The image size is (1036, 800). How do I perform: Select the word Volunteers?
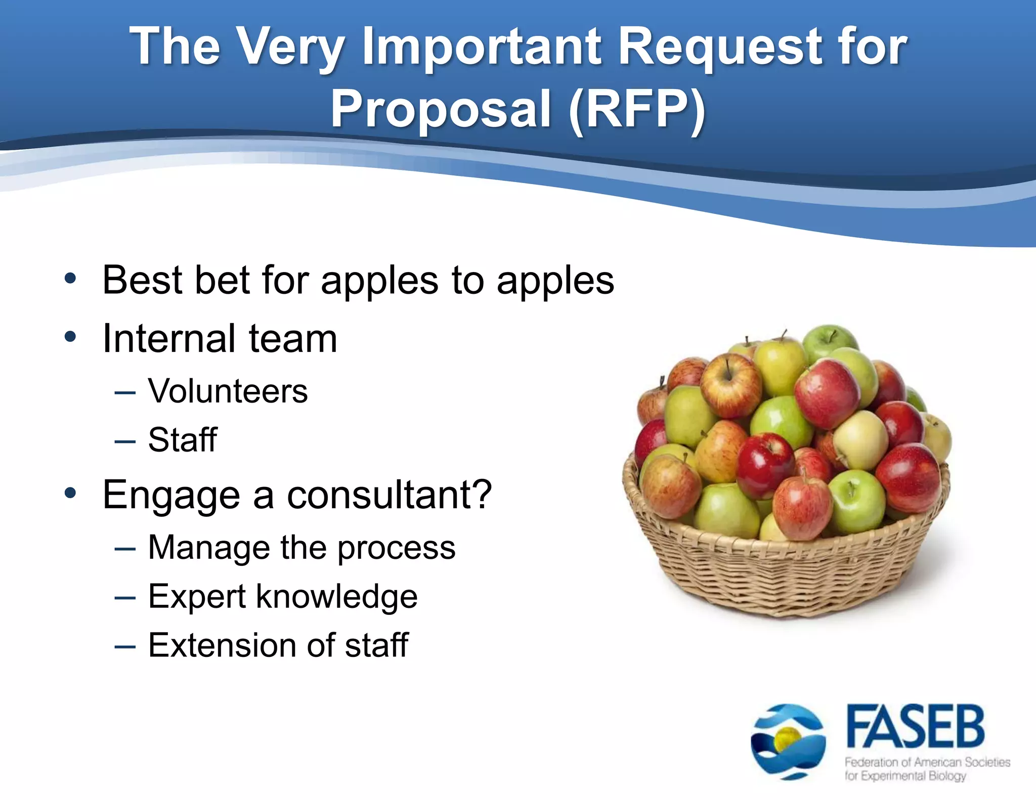228,391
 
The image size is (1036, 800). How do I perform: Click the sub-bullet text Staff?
182,439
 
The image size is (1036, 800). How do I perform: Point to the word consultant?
390,495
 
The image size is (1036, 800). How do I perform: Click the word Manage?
209,548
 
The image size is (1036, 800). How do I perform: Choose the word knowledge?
337,597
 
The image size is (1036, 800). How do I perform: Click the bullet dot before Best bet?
70,278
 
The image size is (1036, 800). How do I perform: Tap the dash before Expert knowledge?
125,598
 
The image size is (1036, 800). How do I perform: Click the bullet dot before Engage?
70,493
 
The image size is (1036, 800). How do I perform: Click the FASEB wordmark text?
916,727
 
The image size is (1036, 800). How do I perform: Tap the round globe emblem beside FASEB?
788,741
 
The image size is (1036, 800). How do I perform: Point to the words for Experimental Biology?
905,776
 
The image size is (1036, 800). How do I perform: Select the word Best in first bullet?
143,280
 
